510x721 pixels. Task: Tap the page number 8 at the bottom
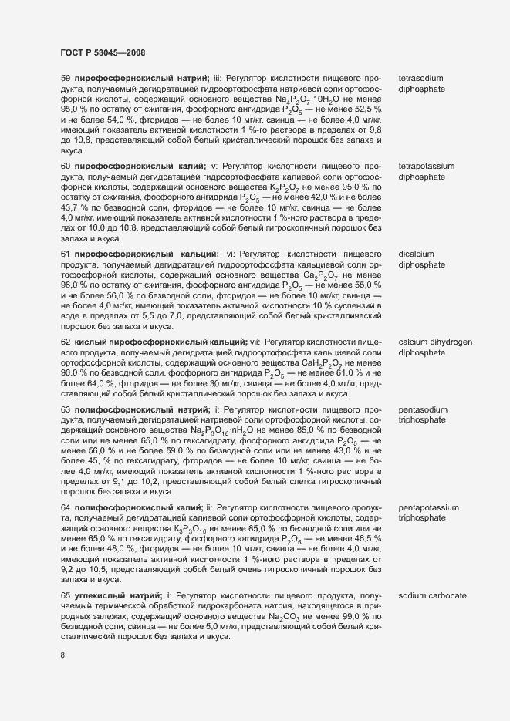(x=63, y=655)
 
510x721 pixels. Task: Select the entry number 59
(x=66, y=79)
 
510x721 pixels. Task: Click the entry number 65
(x=66, y=597)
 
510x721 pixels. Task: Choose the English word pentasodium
(x=423, y=409)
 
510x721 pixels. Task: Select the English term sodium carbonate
(x=432, y=597)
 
